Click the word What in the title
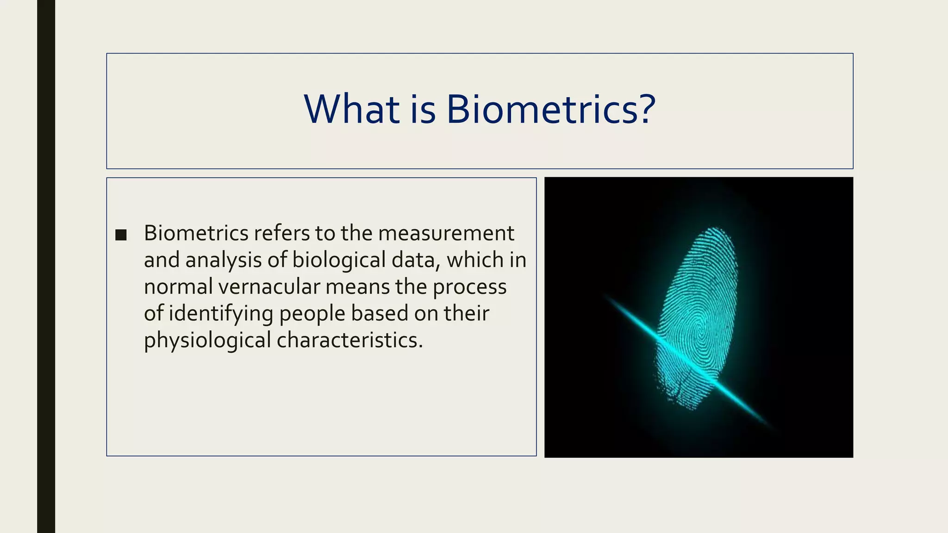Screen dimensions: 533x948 pos(352,110)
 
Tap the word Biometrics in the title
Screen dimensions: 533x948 pos(542,110)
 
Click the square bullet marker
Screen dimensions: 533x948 pos(121,235)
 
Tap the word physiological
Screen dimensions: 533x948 pos(207,341)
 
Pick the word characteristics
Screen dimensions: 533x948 pos(349,341)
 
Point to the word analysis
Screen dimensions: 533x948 pos(224,260)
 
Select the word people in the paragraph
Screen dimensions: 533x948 pos(312,314)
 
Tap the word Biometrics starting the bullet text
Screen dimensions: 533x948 pos(196,233)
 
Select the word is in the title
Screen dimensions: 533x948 pos(423,110)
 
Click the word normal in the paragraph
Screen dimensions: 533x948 pos(178,287)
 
